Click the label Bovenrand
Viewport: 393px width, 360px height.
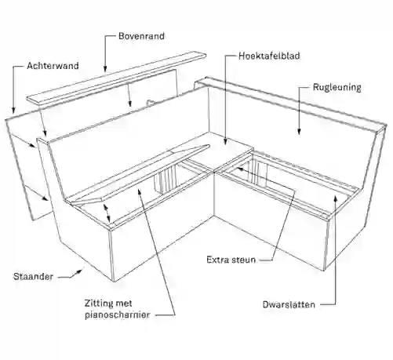141,36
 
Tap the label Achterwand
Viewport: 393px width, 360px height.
53,66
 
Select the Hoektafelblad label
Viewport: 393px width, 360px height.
269,56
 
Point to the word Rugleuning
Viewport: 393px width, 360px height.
337,87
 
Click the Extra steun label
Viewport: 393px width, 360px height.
231,260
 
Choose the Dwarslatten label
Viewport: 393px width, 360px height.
289,304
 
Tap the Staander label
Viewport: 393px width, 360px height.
33,277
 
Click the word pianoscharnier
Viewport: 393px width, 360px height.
117,315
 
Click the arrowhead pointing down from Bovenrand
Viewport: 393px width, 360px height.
105,68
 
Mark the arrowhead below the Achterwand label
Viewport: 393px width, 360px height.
13,111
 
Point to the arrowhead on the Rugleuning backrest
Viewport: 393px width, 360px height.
299,132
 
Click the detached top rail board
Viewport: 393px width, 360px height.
117,78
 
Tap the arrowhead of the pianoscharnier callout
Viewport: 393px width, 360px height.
140,191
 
